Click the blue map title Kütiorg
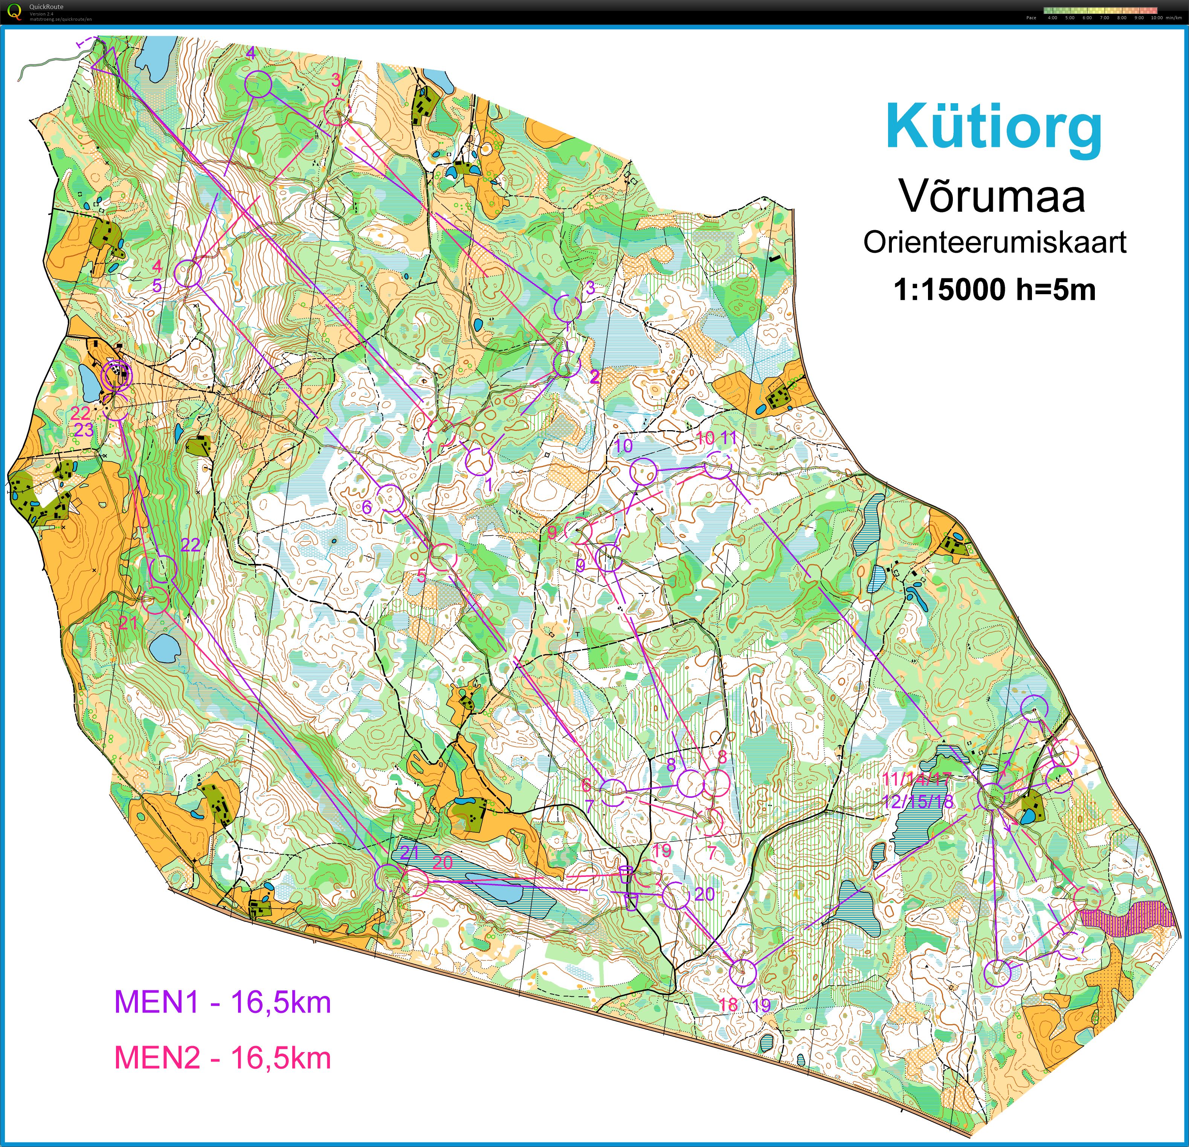(x=993, y=127)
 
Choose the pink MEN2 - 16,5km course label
(x=222, y=1058)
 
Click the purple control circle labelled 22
(x=163, y=569)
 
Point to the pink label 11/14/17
(x=916, y=780)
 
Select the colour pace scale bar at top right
(x=1100, y=10)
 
